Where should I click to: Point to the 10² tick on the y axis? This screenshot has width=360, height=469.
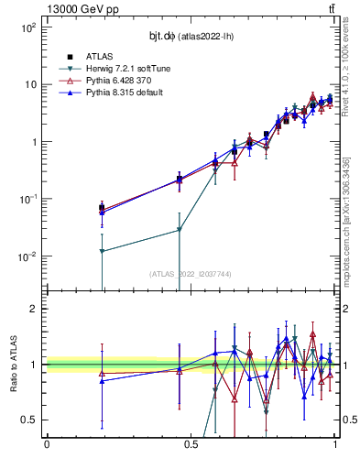(x=27, y=27)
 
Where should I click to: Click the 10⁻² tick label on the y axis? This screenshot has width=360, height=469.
(x=27, y=256)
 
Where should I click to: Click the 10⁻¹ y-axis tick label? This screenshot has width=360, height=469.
(x=27, y=199)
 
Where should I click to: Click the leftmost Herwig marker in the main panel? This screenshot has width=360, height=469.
(x=102, y=251)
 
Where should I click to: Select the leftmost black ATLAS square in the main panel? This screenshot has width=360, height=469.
(x=102, y=207)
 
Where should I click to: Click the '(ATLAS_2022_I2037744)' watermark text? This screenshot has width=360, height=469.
(x=191, y=274)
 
